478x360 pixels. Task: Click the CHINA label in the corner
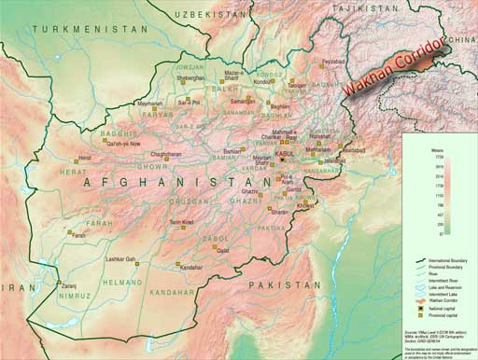[459, 40]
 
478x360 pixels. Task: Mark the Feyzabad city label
[332, 62]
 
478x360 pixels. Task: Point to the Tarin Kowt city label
[182, 222]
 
